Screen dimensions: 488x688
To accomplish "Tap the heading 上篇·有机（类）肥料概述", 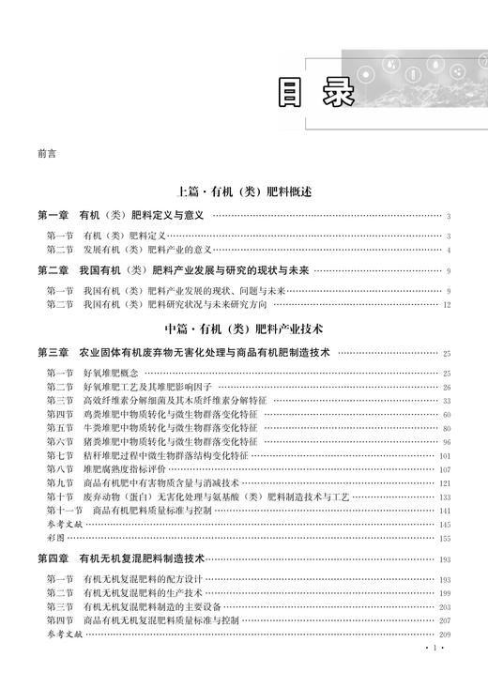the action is pyautogui.click(x=243, y=191).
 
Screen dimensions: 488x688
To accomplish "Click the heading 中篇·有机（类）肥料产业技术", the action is pyautogui.click(x=243, y=329).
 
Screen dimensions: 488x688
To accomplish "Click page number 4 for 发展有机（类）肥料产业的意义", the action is pyautogui.click(x=450, y=250).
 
